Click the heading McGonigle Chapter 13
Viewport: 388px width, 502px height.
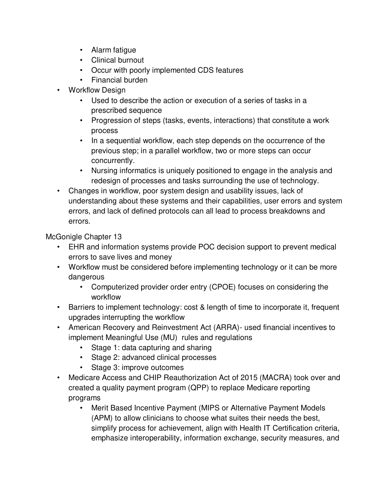tap(84, 237)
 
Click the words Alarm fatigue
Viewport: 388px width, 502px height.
tap(113, 50)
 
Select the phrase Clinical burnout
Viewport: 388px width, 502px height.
tap(117, 60)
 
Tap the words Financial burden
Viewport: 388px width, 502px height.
tap(119, 80)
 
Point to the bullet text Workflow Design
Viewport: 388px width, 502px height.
tap(97, 90)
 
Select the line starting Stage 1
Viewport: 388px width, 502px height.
tap(151, 348)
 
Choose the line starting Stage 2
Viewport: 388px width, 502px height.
tap(154, 358)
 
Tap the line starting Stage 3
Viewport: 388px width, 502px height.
tap(137, 368)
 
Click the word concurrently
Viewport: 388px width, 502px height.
tap(113, 161)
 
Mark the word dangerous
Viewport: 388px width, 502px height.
tap(86, 277)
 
